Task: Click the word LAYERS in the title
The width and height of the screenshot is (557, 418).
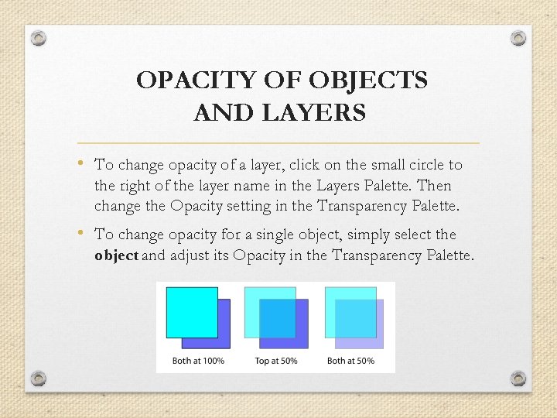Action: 316,114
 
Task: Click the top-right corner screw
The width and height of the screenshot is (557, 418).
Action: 519,37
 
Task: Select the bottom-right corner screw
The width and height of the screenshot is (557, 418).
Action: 518,379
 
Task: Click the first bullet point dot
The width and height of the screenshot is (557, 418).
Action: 83,163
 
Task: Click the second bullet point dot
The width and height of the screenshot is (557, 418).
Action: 83,233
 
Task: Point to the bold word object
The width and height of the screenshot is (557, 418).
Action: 116,255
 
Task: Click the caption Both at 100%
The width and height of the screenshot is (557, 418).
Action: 198,361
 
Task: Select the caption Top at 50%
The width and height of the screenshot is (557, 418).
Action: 275,361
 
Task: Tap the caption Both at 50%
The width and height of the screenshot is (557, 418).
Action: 350,361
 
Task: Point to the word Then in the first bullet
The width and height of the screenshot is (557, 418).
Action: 434,186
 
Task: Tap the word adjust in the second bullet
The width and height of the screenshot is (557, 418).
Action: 190,255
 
